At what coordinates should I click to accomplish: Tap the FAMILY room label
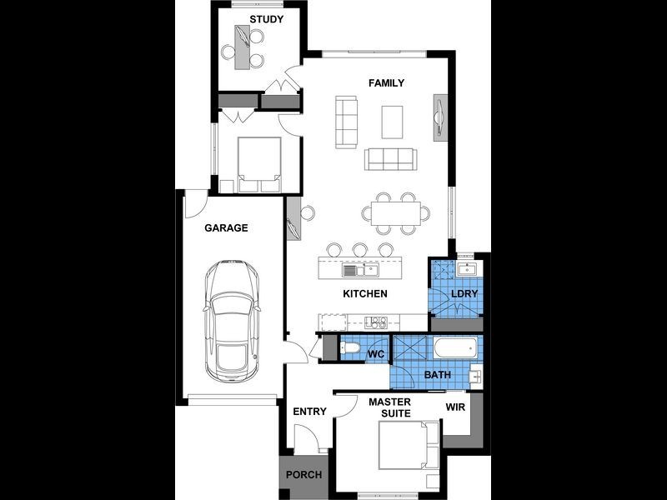pos(386,82)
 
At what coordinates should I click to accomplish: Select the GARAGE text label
pos(226,227)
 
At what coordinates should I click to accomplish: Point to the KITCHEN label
pos(365,294)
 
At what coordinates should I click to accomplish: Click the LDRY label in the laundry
pos(464,294)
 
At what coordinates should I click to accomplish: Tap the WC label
pos(376,354)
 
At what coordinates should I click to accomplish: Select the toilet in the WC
pos(350,348)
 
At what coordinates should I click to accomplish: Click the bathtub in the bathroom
pos(454,347)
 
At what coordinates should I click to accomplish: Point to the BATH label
pos(438,375)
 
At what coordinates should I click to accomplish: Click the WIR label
pos(455,407)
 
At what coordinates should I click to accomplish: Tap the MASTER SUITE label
pos(390,408)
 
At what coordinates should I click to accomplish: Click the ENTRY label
pos(309,412)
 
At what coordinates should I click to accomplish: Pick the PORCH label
pos(303,475)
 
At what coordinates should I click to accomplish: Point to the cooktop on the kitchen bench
pos(374,322)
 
